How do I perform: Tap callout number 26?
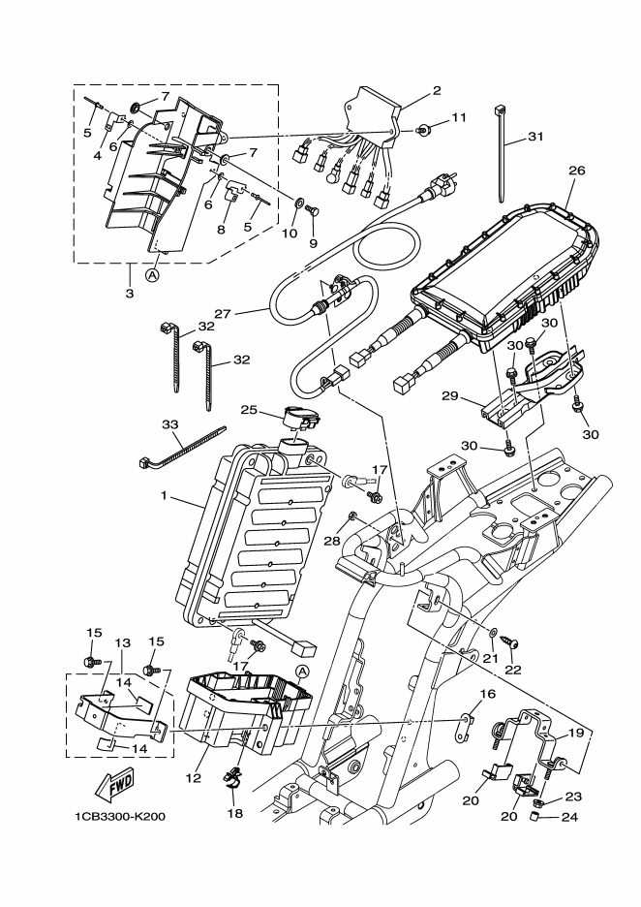(577, 171)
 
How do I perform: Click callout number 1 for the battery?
(165, 496)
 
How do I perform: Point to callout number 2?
(436, 91)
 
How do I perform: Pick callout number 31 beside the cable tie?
(535, 137)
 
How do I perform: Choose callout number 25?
(249, 410)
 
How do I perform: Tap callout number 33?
(169, 424)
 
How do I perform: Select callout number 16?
(487, 694)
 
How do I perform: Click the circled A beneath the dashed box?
(152, 275)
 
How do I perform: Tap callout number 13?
(123, 643)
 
